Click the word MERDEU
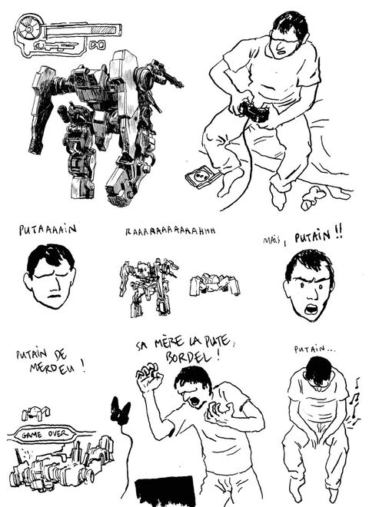pos(52,368)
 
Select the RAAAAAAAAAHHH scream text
pos(171,231)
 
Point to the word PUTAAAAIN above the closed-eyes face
pos(48,229)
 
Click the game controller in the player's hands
pos(254,112)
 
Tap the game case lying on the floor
pos(201,176)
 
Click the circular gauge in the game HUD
pos(28,28)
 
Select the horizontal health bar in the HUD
pos(84,31)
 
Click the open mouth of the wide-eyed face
pos(311,309)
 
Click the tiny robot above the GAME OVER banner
pos(36,413)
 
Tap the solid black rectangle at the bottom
pos(165,492)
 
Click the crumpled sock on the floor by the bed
pos(313,197)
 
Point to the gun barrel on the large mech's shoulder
pos(171,80)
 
